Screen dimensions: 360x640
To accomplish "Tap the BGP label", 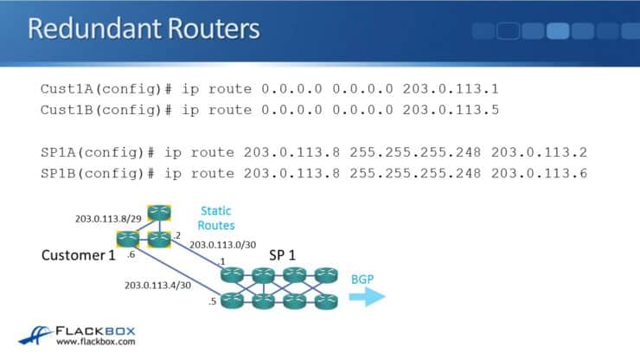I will (362, 280).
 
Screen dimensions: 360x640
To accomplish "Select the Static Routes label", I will (216, 217).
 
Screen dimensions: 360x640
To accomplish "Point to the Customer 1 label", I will (77, 256).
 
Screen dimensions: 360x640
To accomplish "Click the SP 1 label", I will (284, 255).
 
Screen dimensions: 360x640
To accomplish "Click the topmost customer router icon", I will (158, 213).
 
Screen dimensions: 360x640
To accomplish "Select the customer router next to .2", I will (158, 239).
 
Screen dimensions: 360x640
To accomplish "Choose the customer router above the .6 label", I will (127, 239).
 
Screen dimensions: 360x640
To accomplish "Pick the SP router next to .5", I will (232, 301).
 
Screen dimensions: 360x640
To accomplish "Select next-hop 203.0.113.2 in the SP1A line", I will (539, 152).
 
